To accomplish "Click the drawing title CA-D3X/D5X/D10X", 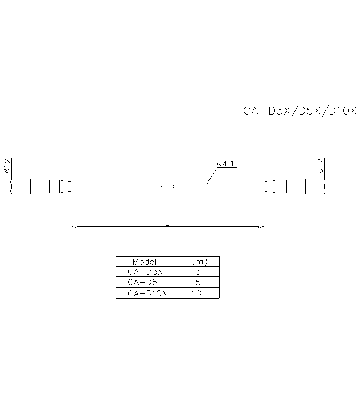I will pos(300,111).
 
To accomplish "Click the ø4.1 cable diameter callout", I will pos(226,164).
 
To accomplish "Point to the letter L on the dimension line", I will pos(167,223).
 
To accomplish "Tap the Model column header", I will pos(145,261).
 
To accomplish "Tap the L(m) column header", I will pos(197,261).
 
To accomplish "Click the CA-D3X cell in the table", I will pos(145,271).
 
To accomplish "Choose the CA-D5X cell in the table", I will pos(145,282).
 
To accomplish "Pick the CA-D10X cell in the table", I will pos(147,293).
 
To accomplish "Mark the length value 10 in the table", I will pos(197,293).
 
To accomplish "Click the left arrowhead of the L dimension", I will pos(75,226).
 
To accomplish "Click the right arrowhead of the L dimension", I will pos(261,226).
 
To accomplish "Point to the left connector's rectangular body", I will pos(38,187).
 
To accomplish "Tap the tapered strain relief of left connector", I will pos(66,187).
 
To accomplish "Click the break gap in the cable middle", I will pos(168,187).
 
